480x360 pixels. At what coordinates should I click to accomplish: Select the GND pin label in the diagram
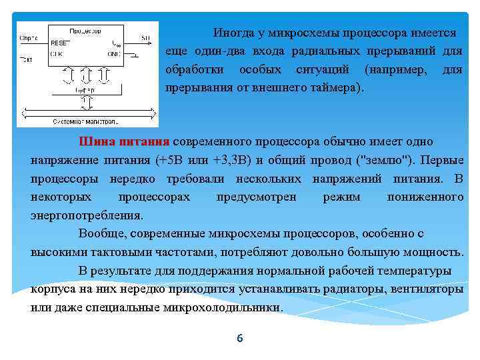point(114,54)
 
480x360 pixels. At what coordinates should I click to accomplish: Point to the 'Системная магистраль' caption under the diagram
point(85,121)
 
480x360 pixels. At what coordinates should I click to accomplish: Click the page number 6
point(240,339)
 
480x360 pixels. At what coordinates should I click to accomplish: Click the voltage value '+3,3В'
point(230,161)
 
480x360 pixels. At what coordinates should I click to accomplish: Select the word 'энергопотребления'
point(86,215)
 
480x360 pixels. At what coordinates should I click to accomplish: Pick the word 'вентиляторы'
point(430,290)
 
